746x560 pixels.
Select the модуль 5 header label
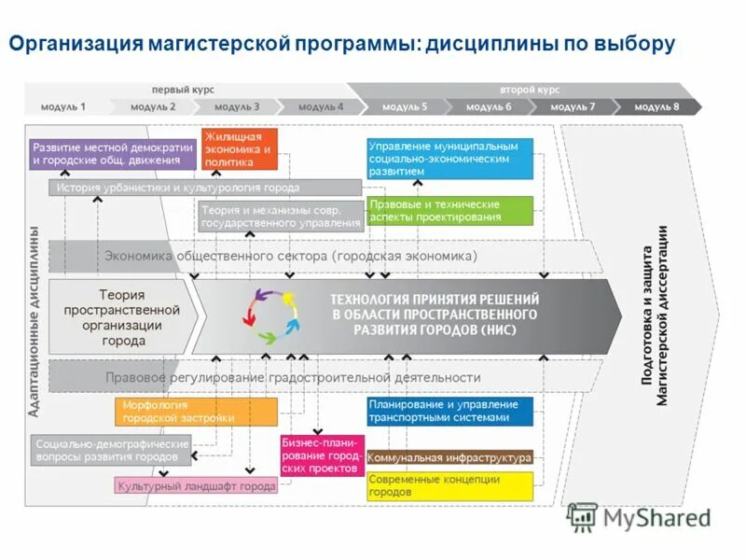404,106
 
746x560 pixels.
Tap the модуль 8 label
656,106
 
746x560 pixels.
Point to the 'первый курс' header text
183,90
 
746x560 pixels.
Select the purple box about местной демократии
114,153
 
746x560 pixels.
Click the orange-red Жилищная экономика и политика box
240,149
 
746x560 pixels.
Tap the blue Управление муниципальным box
449,159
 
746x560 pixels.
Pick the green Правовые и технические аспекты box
449,211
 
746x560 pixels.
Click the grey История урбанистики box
177,188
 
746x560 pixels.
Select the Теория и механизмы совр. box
280,217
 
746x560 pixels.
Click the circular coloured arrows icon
272,313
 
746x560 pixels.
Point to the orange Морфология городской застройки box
196,412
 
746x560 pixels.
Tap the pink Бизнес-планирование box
322,455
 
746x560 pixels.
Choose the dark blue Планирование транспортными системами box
449,412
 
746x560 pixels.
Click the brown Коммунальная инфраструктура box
449,457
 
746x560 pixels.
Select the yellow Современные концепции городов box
449,485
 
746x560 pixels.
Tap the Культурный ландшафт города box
196,486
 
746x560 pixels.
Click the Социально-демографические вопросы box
112,451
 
